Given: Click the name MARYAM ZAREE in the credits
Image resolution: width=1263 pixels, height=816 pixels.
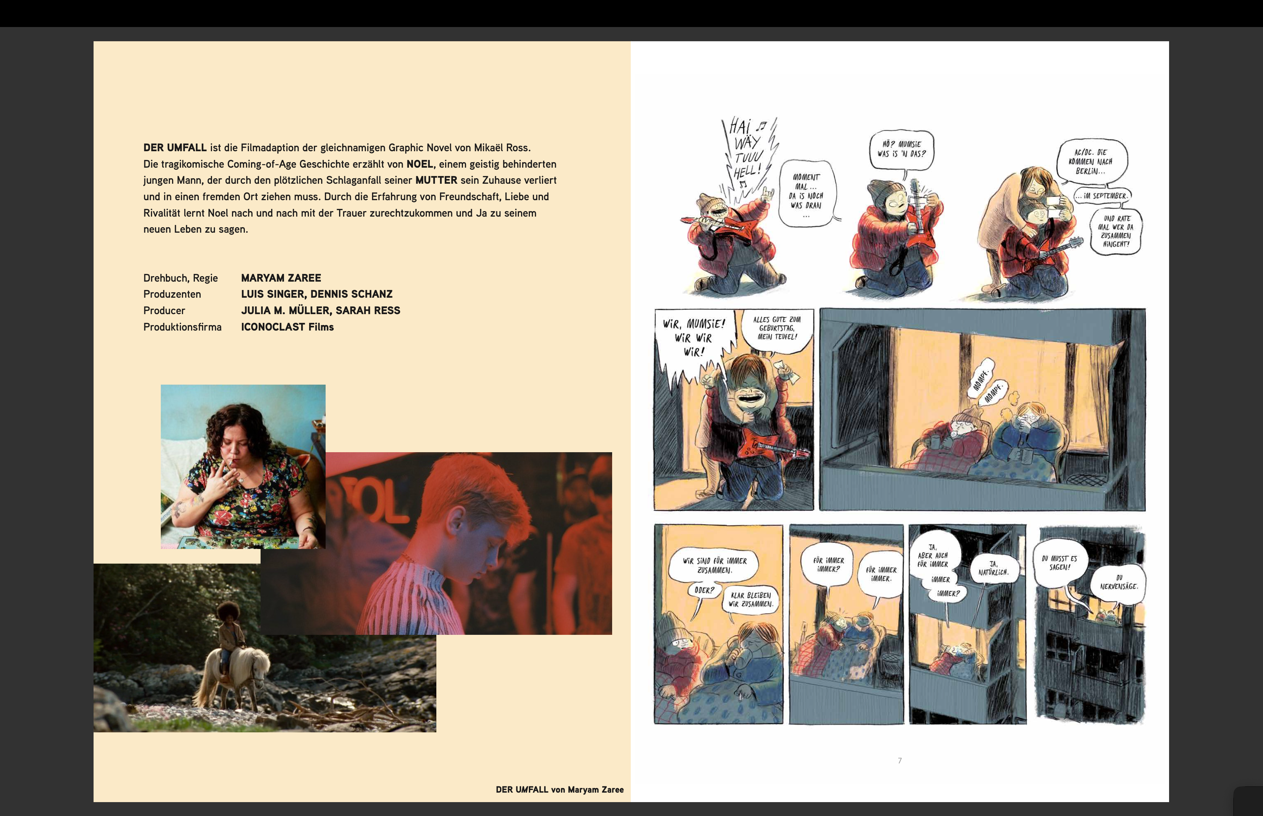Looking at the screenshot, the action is (x=281, y=278).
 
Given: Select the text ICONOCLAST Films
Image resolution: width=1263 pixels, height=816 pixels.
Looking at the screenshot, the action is (x=287, y=327).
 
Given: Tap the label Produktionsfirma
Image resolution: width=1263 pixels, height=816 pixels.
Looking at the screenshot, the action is (x=182, y=327).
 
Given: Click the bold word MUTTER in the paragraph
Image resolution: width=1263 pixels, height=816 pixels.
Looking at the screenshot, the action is (x=436, y=180).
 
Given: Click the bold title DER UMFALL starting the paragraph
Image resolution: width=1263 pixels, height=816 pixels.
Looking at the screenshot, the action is (x=175, y=147).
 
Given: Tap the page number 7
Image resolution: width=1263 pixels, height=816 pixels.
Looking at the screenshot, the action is (x=899, y=760).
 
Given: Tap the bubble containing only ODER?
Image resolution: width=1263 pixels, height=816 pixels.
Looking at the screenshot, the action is (x=704, y=590).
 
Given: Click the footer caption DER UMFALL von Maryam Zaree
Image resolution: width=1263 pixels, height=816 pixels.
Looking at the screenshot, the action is (x=560, y=789).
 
